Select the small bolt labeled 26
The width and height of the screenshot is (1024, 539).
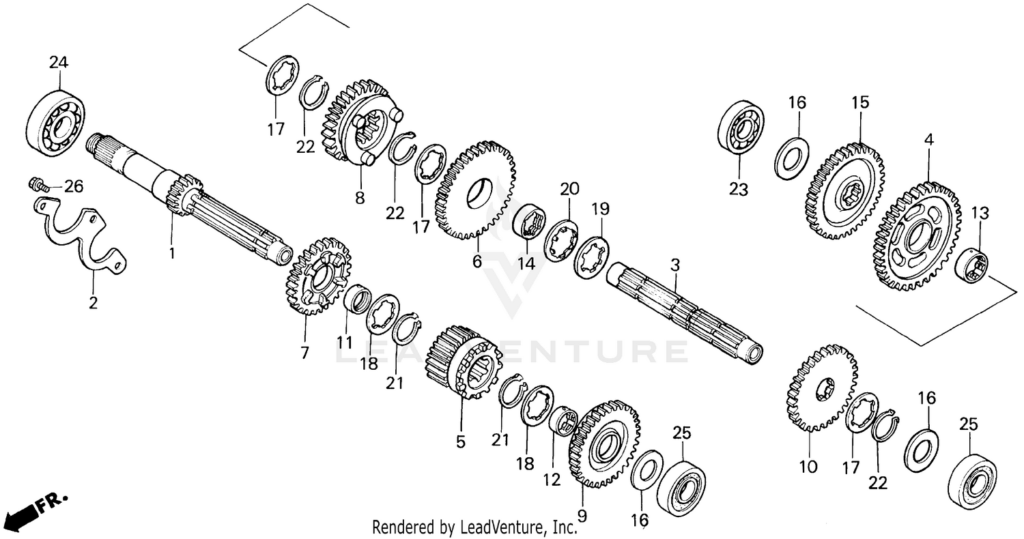pos(37,184)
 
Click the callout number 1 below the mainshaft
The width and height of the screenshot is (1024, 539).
pos(172,253)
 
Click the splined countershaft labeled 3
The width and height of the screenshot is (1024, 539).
pos(683,307)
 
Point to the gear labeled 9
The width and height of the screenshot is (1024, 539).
pos(603,444)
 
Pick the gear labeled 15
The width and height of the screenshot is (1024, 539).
pos(846,190)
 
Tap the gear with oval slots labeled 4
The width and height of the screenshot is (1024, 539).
pos(915,235)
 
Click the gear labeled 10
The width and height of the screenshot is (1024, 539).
pos(822,388)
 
